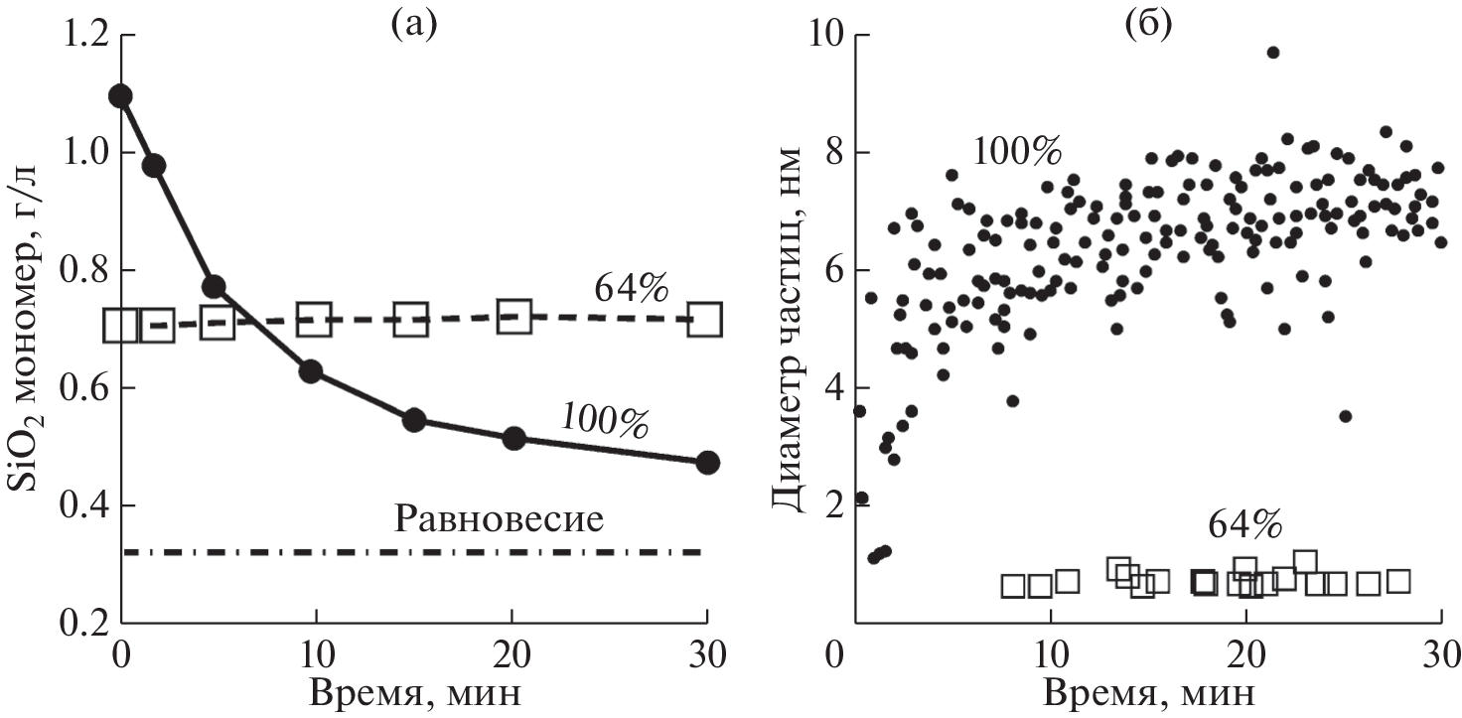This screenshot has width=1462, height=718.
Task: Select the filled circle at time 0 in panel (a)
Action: [x=121, y=95]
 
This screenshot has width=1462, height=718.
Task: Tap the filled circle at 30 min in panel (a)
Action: [x=707, y=462]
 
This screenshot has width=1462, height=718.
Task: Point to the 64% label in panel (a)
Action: [x=628, y=288]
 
